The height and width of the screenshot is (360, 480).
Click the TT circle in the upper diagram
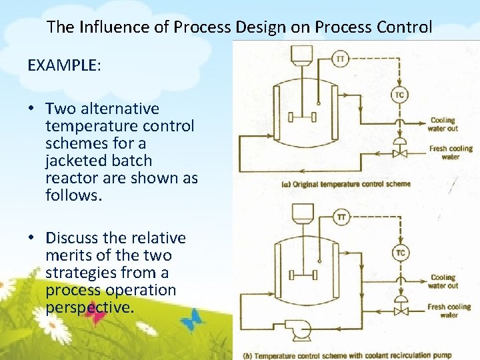tap(341, 59)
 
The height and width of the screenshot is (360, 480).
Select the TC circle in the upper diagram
tap(399, 95)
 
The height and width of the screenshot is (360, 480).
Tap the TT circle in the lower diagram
tap(341, 217)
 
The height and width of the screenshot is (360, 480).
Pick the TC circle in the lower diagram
tap(399, 253)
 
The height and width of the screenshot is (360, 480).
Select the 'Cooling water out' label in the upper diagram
tap(443, 125)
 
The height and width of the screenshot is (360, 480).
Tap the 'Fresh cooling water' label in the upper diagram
tap(451, 153)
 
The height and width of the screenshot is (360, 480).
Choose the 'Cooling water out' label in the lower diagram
tap(443, 281)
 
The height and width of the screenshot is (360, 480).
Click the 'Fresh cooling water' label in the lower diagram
tap(449, 311)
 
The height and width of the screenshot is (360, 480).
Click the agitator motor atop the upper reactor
tap(303, 53)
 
